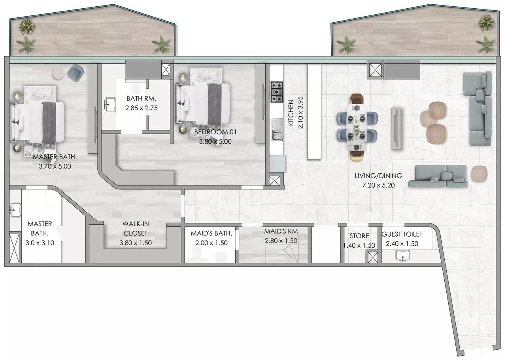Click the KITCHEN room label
[x=291, y=113]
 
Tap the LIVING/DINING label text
[x=378, y=176]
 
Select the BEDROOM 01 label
[x=215, y=132]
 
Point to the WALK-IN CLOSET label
[x=135, y=228]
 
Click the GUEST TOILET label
[x=402, y=234]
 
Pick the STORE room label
[x=359, y=236]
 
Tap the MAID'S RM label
[x=281, y=231]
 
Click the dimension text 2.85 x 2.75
[x=142, y=108]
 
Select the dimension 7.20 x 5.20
[x=378, y=185]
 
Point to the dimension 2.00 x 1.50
[x=211, y=243]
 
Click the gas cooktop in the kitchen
[x=277, y=92]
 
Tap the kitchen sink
[x=277, y=130]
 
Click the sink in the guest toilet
[x=403, y=256]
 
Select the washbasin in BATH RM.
[x=110, y=104]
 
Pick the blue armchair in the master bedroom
[x=76, y=72]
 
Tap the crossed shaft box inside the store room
[x=372, y=258]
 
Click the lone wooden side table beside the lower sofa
[x=479, y=174]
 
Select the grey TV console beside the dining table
[x=396, y=129]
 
